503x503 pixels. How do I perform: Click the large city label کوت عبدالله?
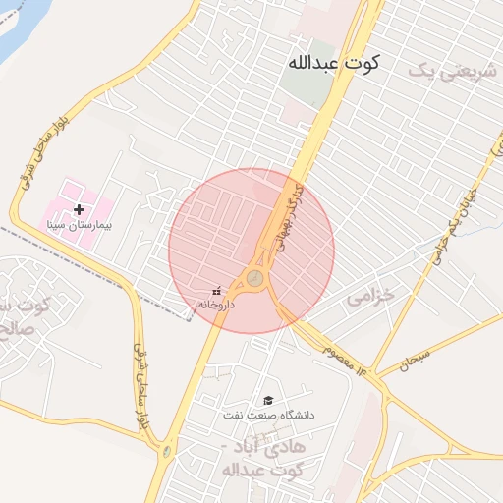tap(332, 62)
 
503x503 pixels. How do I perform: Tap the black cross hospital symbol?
tap(80, 209)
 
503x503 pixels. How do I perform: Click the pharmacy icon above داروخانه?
tap(216, 290)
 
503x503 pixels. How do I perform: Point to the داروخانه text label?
tap(216, 305)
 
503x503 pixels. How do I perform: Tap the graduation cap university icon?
tap(267, 400)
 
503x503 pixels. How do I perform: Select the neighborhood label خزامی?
tap(371, 295)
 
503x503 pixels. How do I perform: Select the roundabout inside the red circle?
tap(255, 278)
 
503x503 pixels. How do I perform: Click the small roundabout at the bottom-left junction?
tap(167, 452)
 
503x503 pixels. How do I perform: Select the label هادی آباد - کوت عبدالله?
tap(265, 458)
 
